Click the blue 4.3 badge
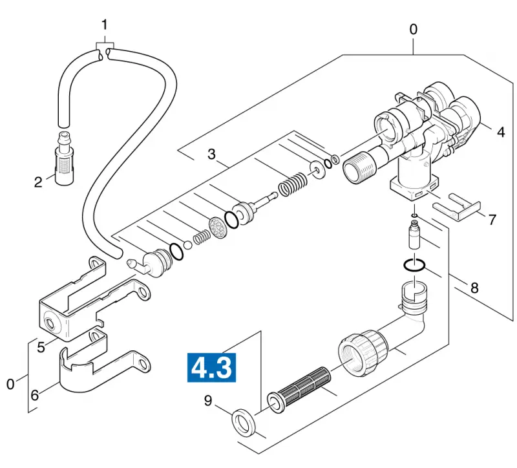coord(211,367)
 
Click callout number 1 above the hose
coord(105,25)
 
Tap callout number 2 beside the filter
coord(38,182)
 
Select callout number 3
coord(211,154)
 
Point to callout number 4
coord(500,132)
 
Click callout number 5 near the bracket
coord(41,347)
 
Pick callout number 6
coord(35,395)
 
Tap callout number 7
coord(492,219)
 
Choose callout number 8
coord(474,288)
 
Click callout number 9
coord(207,400)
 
